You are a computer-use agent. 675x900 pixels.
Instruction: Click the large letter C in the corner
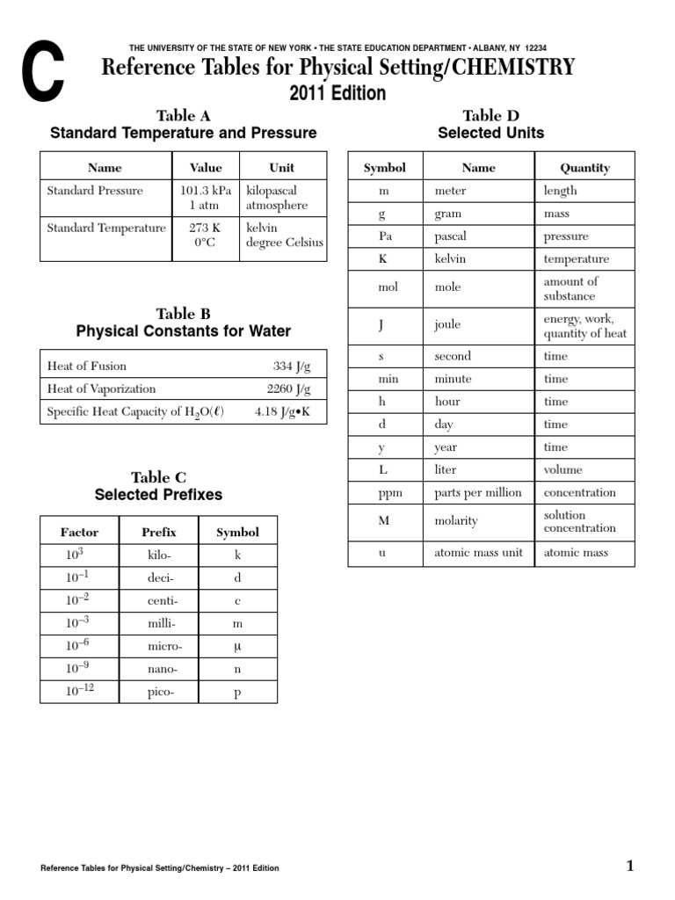click(x=42, y=76)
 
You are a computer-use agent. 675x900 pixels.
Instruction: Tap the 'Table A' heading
click(x=183, y=115)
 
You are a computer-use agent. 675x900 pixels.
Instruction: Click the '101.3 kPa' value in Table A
click(x=206, y=190)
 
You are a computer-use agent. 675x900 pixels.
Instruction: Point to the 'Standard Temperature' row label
click(x=105, y=228)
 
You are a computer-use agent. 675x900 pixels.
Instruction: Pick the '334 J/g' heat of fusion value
click(x=292, y=366)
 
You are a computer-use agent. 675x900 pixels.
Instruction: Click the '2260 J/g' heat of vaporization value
click(x=288, y=388)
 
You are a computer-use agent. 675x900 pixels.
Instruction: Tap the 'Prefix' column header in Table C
click(x=159, y=532)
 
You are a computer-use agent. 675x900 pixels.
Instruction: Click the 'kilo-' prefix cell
click(x=162, y=555)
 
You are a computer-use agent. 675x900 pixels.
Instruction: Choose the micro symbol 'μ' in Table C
click(x=237, y=646)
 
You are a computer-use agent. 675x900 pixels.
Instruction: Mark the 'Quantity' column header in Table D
click(x=584, y=167)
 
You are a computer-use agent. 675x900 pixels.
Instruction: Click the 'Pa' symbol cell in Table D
click(x=384, y=236)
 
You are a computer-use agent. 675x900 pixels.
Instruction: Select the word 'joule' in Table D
click(x=447, y=324)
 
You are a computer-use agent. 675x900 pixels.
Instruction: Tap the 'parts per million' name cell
click(x=477, y=492)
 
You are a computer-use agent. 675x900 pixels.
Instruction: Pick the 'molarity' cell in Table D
click(x=456, y=521)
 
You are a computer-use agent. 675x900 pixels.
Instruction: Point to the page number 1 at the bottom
click(x=629, y=867)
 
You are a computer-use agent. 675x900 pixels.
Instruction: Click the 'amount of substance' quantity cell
click(x=571, y=288)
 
